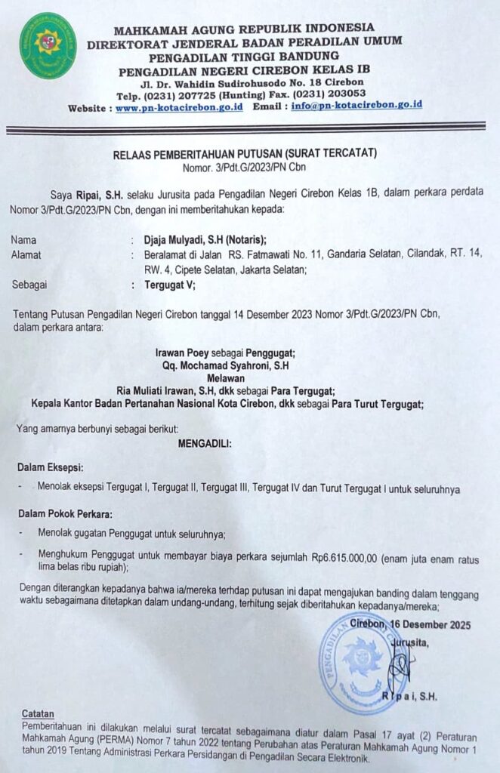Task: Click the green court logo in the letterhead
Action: click(48, 46)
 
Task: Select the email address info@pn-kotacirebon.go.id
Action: click(356, 105)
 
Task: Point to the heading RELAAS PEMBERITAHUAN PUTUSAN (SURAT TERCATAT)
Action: click(250, 154)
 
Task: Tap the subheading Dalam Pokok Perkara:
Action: click(65, 514)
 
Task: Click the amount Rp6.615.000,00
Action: click(344, 556)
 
